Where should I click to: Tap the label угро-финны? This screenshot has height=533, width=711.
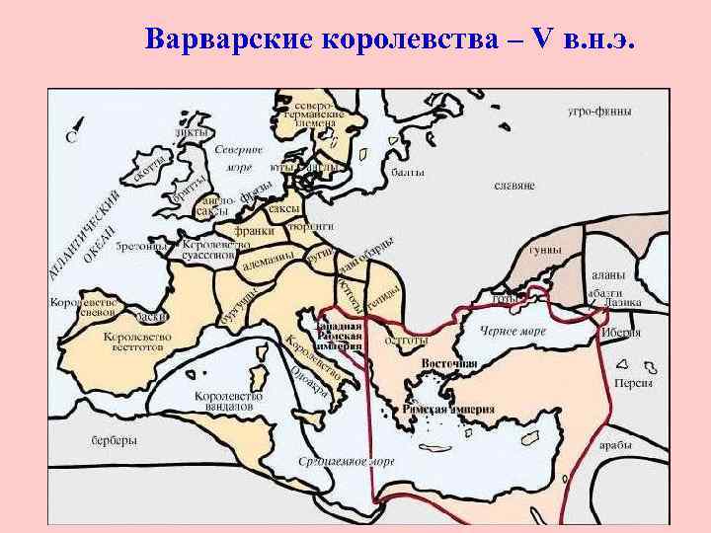599,113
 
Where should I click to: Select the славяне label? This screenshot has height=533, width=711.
513,185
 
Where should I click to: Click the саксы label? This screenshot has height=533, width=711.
284,208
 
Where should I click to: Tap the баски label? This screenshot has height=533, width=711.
150,316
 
